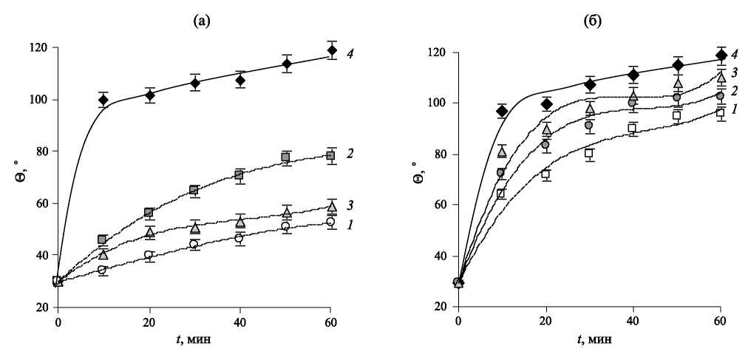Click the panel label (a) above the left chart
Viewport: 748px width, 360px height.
tap(202, 21)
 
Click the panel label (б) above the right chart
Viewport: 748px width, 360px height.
tap(592, 21)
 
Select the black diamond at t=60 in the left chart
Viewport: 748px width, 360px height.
tap(332, 50)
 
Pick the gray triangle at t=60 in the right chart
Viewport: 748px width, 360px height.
tap(721, 77)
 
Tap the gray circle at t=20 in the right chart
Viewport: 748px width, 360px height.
tap(545, 145)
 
